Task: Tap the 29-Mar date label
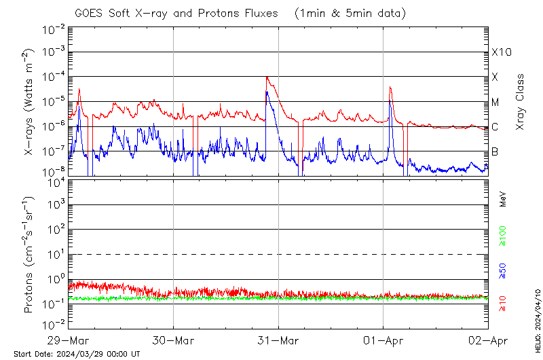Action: [x=69, y=340]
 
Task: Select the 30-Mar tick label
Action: [x=173, y=340]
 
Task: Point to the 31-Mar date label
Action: [x=278, y=340]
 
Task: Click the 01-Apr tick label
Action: [x=383, y=340]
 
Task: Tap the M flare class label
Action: [x=495, y=102]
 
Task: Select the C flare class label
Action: [x=495, y=127]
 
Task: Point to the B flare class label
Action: [x=495, y=151]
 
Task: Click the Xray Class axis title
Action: [x=521, y=102]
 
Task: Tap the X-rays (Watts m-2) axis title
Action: [x=29, y=102]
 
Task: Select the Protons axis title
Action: [x=29, y=255]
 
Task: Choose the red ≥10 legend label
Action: [x=503, y=304]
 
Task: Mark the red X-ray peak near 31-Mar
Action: [x=267, y=77]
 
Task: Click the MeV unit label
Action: [x=503, y=198]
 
